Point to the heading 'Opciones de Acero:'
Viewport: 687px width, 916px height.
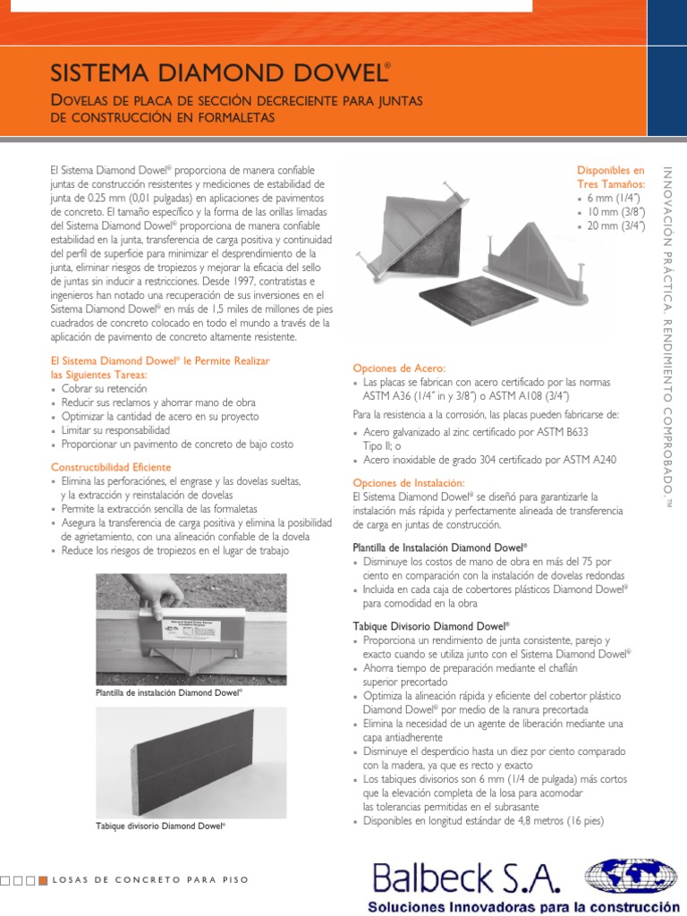[x=399, y=368]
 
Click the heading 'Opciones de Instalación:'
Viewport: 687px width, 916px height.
[x=408, y=482]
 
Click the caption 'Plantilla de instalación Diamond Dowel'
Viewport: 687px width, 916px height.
[x=168, y=692]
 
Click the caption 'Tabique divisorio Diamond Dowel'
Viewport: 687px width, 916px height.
[x=160, y=827]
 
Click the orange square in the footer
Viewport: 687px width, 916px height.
[x=43, y=880]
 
